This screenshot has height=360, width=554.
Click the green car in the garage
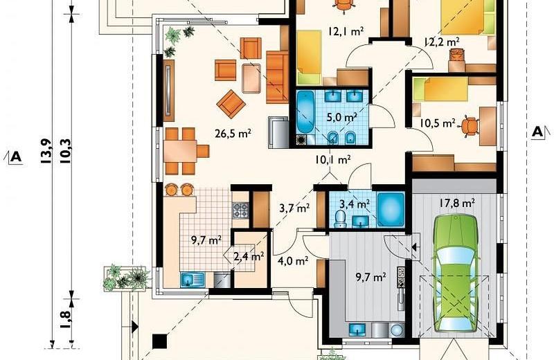(x=456, y=273)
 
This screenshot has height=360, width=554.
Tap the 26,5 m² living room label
(x=233, y=134)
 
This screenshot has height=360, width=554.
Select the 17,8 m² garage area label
(x=457, y=203)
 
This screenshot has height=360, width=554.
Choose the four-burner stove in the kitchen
(x=240, y=210)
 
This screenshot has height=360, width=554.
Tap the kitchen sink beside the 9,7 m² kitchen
(x=193, y=279)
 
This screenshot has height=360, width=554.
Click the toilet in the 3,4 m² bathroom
(x=340, y=219)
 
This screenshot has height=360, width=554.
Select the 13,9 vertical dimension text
(x=46, y=152)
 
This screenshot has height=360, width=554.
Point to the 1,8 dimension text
(x=66, y=320)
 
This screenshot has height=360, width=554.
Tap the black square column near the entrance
(x=160, y=341)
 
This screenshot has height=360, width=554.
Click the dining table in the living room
(x=180, y=151)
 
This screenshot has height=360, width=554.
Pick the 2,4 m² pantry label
(x=249, y=256)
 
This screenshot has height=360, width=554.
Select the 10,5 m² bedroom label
(x=438, y=123)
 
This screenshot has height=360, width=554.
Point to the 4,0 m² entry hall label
(x=293, y=261)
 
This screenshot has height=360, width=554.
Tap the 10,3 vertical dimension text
(x=66, y=151)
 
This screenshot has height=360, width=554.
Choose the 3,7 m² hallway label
(x=295, y=208)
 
